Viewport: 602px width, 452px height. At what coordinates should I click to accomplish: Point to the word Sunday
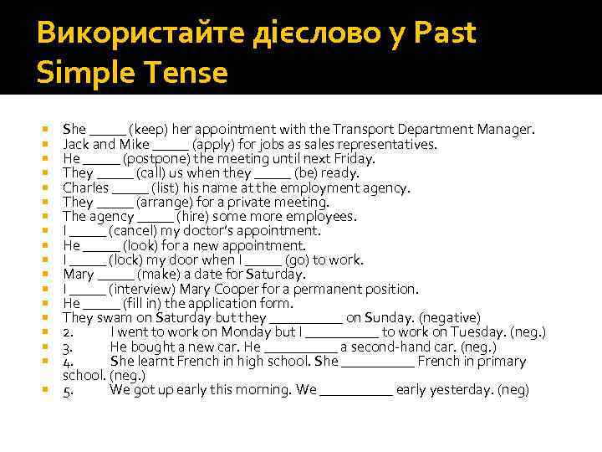[x=388, y=318]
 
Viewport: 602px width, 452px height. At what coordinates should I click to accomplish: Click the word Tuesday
[x=487, y=332]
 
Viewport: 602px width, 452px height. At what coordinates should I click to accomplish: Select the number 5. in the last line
[x=69, y=390]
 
